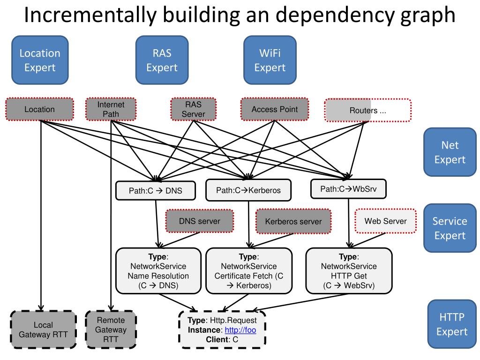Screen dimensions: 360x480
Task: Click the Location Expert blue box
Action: coord(40,60)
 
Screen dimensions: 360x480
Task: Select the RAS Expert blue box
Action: coord(162,60)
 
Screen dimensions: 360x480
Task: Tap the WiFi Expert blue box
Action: coord(270,60)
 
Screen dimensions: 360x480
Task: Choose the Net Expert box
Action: coord(450,152)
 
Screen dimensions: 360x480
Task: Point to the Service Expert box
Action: coord(450,228)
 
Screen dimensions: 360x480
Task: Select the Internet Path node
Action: coord(111,109)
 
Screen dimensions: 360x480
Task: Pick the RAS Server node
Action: coord(193,109)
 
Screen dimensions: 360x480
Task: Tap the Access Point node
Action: coord(275,110)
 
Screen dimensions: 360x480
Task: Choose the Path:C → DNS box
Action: coord(156,191)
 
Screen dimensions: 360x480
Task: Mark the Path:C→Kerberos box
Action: coord(248,190)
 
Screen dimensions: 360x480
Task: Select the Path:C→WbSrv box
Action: coord(348,188)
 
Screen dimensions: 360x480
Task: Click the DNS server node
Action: coord(200,221)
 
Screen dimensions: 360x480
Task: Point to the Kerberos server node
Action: coord(293,221)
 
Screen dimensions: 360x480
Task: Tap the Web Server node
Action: coord(385,221)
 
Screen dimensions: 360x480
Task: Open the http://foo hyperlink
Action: coord(240,330)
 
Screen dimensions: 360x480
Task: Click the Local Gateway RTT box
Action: coord(43,330)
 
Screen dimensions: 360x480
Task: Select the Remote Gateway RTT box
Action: coord(111,330)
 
